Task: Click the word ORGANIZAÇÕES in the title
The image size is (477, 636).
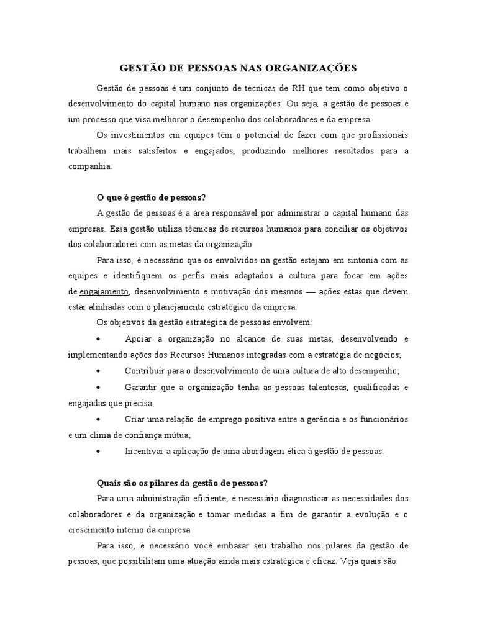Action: tap(314, 68)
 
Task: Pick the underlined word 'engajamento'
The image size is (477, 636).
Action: tap(104, 291)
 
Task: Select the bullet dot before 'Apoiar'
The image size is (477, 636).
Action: tap(100, 339)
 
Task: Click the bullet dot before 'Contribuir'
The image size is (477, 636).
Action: tap(100, 371)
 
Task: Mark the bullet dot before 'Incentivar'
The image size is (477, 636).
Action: tap(100, 451)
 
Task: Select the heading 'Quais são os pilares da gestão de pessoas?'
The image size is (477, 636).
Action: tap(183, 483)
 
